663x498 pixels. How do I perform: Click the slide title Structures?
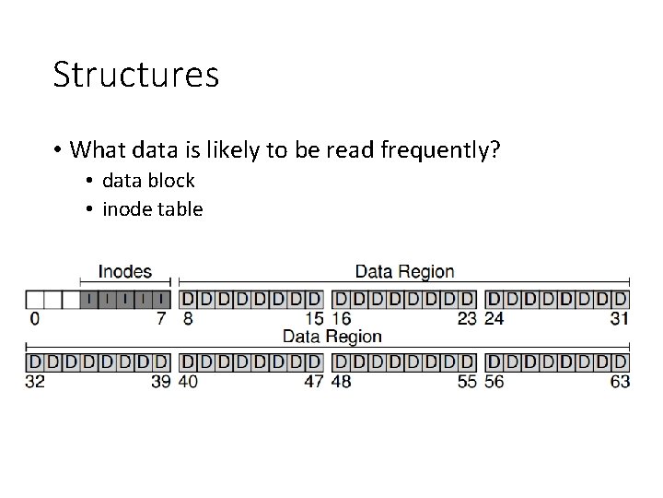(x=136, y=75)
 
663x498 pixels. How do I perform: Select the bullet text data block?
(x=148, y=181)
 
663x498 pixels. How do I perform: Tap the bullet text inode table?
(x=152, y=209)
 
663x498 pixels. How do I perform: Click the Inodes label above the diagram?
(x=124, y=271)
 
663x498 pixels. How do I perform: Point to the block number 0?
(x=34, y=319)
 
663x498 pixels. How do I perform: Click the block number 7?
(x=162, y=319)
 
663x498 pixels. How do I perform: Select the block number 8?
(x=188, y=319)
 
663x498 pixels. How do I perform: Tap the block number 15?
(x=313, y=319)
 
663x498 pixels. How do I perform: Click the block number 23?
(x=467, y=319)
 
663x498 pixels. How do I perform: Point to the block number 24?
(x=495, y=319)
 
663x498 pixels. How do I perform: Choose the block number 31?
(x=619, y=319)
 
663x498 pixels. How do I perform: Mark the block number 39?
(x=160, y=380)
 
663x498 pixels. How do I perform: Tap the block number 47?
(x=313, y=380)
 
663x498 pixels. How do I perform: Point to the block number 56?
(x=495, y=380)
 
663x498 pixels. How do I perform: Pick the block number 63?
(x=619, y=380)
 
